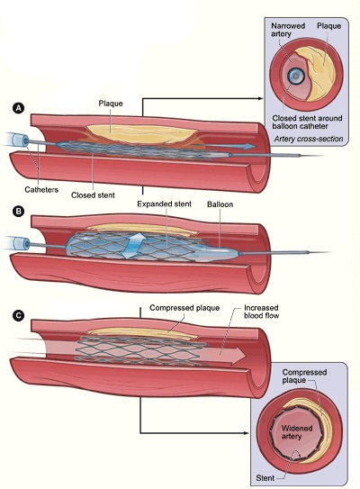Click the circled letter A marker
pos(18,108)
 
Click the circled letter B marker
pos(18,211)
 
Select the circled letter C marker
pos(18,315)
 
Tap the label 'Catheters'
pos(41,190)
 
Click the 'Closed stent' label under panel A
pos(93,195)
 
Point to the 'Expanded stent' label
pos(165,204)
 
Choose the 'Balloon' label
pos(220,204)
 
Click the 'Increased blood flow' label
pos(261,312)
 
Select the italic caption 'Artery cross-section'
pos(309,139)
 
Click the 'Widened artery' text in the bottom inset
pos(297,432)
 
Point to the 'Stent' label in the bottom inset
pos(265,478)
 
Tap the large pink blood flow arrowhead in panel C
pos(238,355)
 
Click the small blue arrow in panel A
pos(224,146)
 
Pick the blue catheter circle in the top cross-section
pos(295,76)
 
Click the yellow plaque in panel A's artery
pos(142,133)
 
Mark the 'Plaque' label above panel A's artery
pos(111,104)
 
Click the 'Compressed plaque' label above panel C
pos(184,308)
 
